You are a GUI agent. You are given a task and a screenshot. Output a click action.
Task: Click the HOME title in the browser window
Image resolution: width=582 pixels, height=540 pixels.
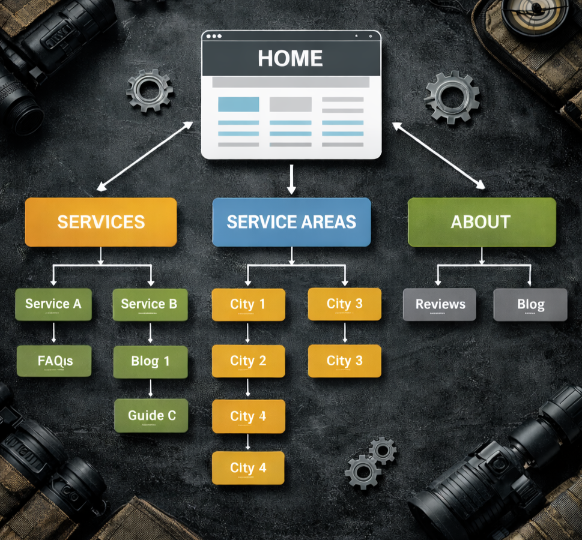tap(291, 58)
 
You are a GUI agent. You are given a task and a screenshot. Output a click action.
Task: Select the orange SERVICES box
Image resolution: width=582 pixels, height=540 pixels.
tap(101, 222)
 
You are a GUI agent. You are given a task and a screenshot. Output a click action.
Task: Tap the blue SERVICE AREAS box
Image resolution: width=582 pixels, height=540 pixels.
tap(291, 222)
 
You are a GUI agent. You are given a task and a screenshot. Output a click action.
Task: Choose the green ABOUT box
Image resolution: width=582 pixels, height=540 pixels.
tap(481, 222)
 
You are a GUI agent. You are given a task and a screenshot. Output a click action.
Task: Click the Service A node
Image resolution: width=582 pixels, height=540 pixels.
tap(53, 304)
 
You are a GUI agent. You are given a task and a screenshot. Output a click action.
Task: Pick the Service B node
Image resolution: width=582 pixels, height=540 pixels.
tap(150, 304)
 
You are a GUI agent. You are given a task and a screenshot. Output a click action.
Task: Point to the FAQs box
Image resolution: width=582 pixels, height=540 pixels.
tap(54, 361)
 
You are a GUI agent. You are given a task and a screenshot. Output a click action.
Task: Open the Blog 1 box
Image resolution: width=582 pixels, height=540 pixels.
tap(150, 361)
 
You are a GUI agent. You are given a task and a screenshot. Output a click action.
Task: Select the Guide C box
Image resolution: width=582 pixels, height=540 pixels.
tap(151, 415)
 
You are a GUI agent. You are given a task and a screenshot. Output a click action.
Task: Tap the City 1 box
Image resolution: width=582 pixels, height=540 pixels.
tap(247, 304)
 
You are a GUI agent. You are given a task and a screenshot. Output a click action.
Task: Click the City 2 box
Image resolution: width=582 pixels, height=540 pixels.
tap(247, 361)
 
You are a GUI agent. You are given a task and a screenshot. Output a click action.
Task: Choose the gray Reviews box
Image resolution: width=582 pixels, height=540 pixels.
tap(440, 305)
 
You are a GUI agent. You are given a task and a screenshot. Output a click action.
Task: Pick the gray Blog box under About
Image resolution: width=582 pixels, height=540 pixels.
tap(530, 305)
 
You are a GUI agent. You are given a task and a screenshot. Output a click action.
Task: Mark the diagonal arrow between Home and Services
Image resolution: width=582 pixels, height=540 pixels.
tap(145, 156)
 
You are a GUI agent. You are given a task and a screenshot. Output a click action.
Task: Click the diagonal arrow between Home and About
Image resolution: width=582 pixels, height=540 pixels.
tap(438, 156)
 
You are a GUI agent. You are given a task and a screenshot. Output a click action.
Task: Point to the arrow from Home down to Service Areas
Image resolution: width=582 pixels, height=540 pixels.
tap(292, 179)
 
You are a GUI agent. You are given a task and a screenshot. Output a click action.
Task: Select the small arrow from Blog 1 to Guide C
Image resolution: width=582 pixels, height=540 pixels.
tap(150, 388)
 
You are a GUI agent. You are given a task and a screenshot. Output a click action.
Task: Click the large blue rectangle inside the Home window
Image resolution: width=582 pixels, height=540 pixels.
tap(238, 104)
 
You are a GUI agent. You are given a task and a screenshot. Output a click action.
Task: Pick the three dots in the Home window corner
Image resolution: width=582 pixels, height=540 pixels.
tap(213, 37)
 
